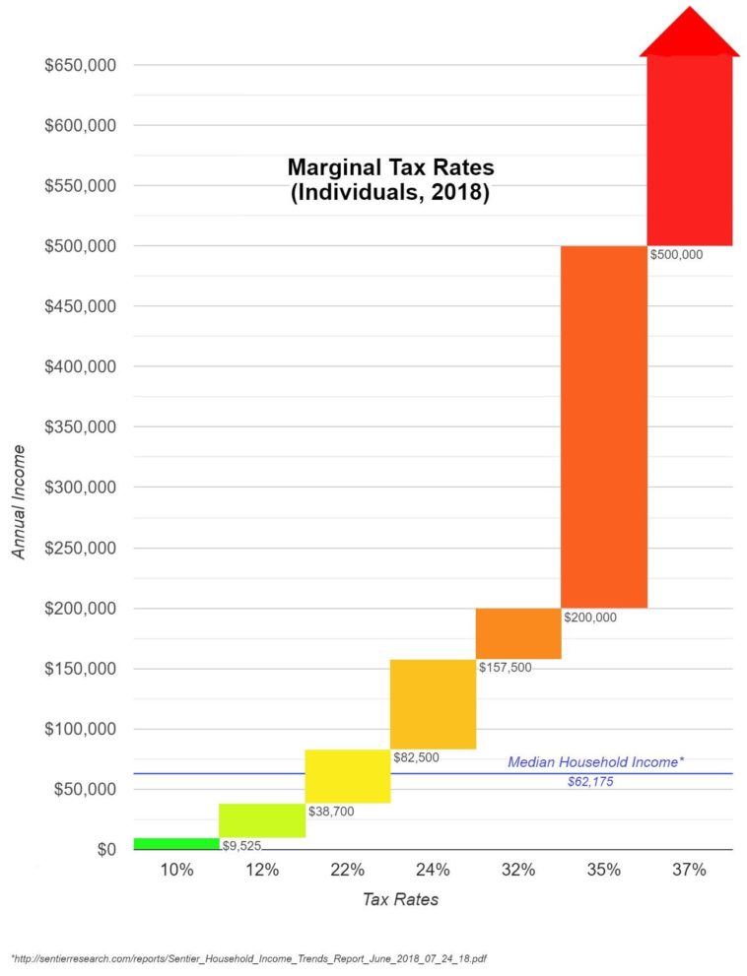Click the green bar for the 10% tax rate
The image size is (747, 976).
click(x=175, y=843)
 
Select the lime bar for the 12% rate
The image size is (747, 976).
click(x=262, y=820)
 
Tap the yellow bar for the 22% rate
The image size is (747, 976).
click(x=347, y=776)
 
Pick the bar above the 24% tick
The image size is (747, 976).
click(x=433, y=704)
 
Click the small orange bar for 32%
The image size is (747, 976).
click(x=518, y=633)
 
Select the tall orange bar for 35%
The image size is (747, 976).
click(x=603, y=426)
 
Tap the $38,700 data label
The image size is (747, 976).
click(x=331, y=813)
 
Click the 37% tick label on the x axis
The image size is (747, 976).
click(x=689, y=870)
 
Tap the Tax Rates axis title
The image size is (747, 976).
click(x=400, y=899)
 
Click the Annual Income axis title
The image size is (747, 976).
click(x=20, y=502)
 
